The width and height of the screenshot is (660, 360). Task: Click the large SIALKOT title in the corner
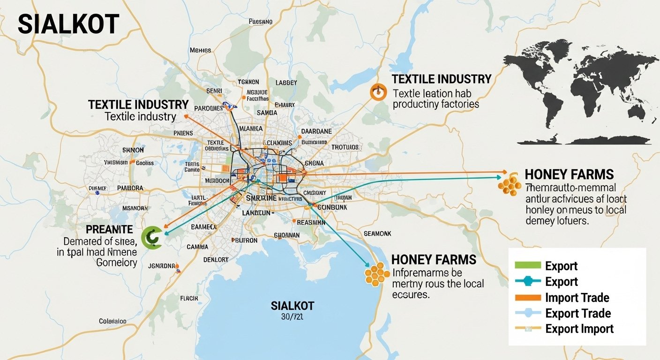[68, 24]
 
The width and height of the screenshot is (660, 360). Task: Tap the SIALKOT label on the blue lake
[292, 306]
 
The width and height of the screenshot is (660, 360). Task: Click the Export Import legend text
[579, 329]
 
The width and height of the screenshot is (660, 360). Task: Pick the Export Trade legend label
[577, 313]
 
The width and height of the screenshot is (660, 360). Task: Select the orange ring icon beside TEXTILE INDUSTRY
[377, 92]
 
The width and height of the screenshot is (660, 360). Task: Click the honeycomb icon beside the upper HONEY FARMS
[510, 185]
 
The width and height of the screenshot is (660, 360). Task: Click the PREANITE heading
[110, 230]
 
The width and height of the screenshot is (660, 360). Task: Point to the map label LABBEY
[286, 82]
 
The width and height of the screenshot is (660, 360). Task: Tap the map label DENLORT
[216, 260]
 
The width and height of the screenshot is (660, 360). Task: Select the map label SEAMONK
[377, 233]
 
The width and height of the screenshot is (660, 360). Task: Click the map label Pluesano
[260, 22]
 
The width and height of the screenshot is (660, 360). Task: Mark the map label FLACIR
[189, 298]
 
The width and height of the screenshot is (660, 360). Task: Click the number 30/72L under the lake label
[292, 316]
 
